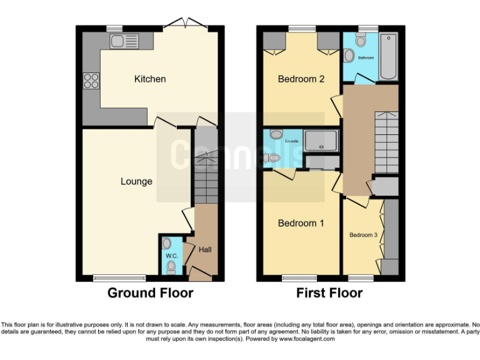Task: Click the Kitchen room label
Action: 150,79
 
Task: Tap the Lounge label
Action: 136,181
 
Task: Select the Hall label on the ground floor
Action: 205,249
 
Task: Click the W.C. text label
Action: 171,256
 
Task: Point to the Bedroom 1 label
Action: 301,223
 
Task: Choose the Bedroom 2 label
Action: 301,79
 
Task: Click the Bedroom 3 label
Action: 363,235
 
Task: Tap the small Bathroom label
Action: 366,57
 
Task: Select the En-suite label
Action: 291,141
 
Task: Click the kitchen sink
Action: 124,42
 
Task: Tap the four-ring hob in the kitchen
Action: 91,81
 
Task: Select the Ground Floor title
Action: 150,292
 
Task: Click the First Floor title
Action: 329,292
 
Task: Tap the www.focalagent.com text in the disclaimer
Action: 306,339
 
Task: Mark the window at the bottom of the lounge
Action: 112,277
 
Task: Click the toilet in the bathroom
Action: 359,41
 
